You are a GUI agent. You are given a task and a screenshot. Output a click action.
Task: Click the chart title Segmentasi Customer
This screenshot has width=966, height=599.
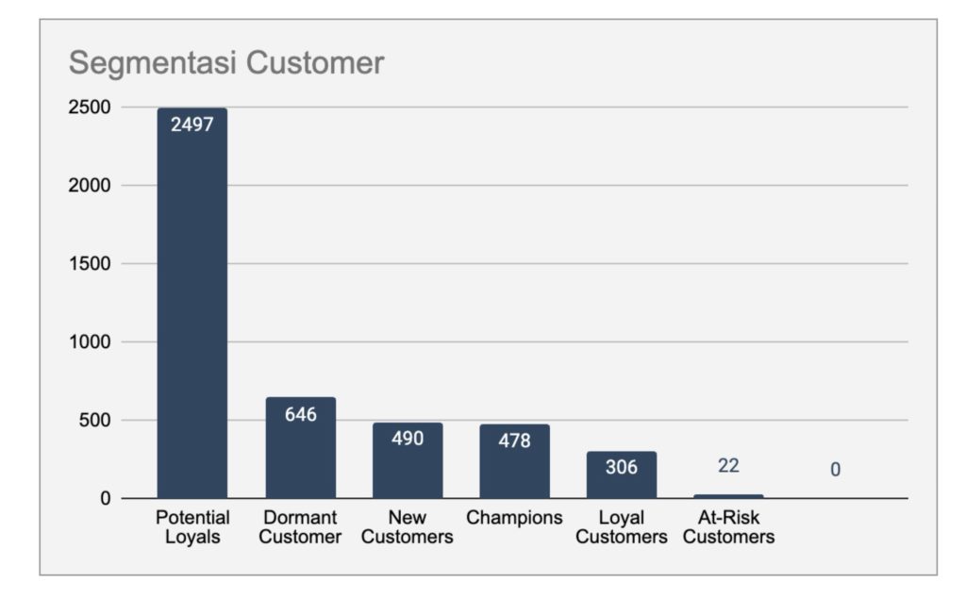(226, 63)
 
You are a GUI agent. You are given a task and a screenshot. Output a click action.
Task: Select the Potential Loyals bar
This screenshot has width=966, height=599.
(192, 311)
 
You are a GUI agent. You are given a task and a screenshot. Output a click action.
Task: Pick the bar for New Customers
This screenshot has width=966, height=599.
(408, 472)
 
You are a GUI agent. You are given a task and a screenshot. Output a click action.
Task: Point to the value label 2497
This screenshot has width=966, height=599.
(192, 125)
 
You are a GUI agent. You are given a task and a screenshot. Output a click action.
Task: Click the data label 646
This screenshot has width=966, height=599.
(300, 414)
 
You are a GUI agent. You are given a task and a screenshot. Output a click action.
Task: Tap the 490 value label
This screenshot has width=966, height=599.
(408, 439)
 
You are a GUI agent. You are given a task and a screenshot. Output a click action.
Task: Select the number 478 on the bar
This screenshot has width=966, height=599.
(514, 441)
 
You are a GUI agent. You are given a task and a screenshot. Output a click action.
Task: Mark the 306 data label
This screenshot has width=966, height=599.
(622, 467)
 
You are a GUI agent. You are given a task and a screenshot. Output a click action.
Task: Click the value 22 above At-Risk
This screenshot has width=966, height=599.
(728, 465)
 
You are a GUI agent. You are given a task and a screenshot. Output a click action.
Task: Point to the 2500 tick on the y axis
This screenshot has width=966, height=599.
(91, 108)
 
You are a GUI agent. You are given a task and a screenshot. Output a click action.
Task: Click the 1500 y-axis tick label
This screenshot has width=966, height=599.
(91, 264)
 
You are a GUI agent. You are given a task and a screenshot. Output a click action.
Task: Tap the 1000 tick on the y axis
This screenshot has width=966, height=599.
(91, 342)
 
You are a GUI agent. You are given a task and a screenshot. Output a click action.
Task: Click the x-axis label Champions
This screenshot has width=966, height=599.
(514, 518)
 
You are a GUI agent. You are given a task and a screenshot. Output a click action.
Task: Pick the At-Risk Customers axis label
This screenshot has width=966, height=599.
(728, 527)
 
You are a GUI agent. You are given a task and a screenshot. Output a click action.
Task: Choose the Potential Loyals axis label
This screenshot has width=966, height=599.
(192, 527)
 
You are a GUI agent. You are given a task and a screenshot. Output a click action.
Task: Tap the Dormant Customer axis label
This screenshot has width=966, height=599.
(300, 527)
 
